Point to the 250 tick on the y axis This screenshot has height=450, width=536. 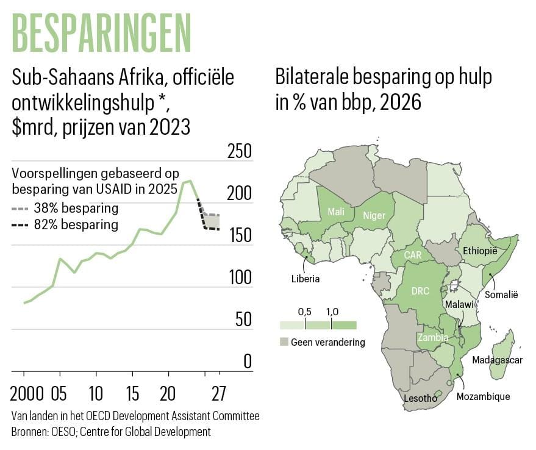click(x=239, y=152)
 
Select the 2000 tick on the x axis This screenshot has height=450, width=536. click(x=24, y=390)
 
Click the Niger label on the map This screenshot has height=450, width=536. click(x=374, y=215)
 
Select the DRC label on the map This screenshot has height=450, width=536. click(x=421, y=291)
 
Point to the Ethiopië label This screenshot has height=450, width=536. click(x=480, y=251)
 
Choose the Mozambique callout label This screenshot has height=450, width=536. click(x=483, y=397)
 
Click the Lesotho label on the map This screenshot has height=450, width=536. click(x=421, y=399)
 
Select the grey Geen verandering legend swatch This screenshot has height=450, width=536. click(x=284, y=342)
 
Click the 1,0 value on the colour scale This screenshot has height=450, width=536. click(x=332, y=312)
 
